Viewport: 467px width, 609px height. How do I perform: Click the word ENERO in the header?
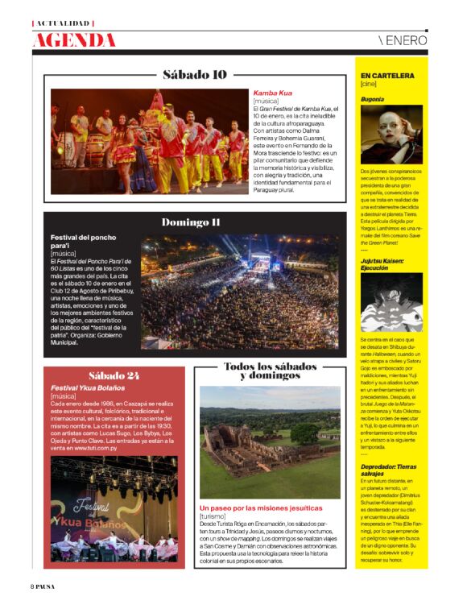[x=405, y=40]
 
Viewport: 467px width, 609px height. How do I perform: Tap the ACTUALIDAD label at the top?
[x=62, y=23]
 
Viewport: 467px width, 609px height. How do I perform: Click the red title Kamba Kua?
[x=272, y=93]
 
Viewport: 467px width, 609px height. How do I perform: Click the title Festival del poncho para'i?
[x=83, y=242]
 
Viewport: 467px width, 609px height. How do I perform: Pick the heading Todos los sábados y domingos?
[x=269, y=371]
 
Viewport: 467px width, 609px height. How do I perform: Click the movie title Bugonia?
[x=372, y=99]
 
